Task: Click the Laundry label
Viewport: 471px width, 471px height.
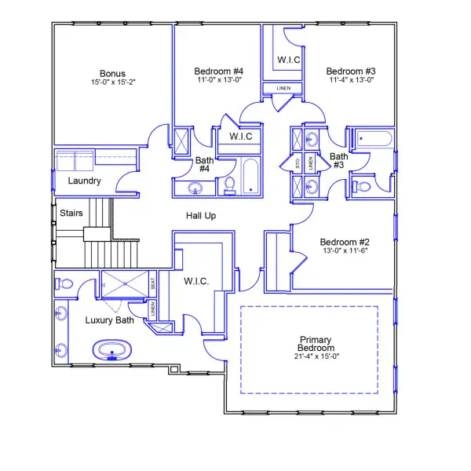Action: tap(84, 181)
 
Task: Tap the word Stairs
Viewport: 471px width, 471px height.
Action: tap(71, 212)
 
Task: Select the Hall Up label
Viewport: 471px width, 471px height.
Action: tap(201, 215)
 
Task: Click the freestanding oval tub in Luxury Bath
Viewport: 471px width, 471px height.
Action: tap(115, 350)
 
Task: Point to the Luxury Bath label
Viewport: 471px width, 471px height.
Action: tap(109, 320)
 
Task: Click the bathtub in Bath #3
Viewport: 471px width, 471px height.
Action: tap(374, 141)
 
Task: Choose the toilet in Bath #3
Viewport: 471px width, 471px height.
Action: tap(363, 187)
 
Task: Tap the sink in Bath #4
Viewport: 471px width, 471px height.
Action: tap(195, 188)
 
